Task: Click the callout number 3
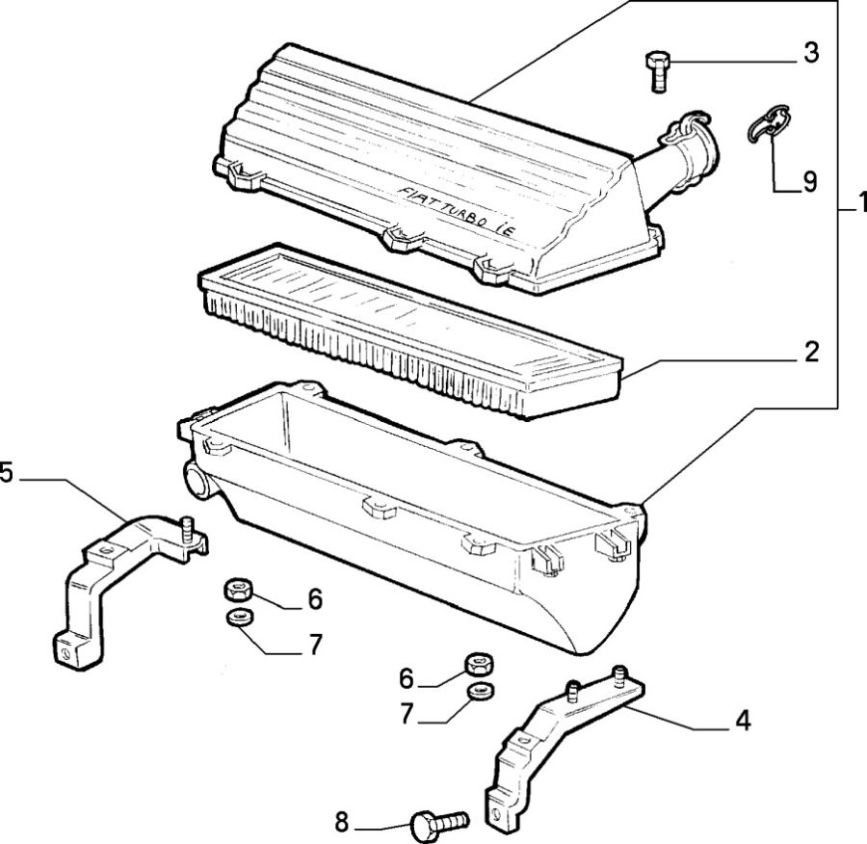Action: [811, 53]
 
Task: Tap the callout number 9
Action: [809, 180]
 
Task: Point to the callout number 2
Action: [811, 352]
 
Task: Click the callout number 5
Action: [7, 472]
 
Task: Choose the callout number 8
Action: [341, 824]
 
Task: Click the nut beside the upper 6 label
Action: [237, 588]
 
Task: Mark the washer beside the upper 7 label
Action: [236, 617]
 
